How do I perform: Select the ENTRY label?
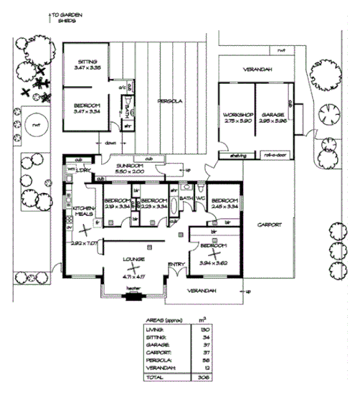(x=175, y=265)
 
